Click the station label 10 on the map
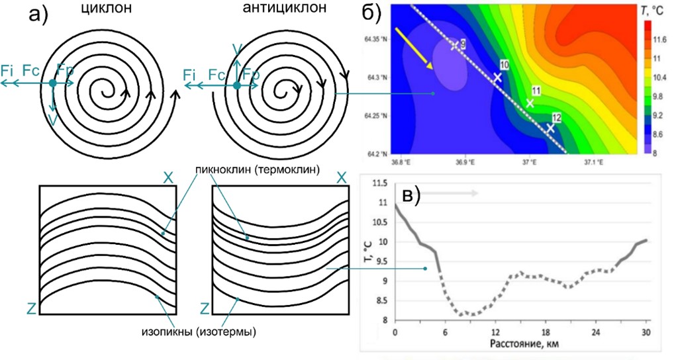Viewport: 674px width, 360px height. pos(504,64)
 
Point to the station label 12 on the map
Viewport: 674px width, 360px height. pos(556,117)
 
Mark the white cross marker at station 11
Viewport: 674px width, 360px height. pos(530,103)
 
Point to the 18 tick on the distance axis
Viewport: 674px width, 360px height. pos(545,332)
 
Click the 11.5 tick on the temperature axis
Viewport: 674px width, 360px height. pos(381,183)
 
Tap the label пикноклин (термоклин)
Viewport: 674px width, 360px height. pos(258,169)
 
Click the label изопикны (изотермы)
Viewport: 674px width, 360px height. pos(199,330)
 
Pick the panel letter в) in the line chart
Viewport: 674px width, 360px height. pos(410,196)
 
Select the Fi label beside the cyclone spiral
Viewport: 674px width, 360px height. pos(8,69)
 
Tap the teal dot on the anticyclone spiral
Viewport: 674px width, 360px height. pos(236,84)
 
